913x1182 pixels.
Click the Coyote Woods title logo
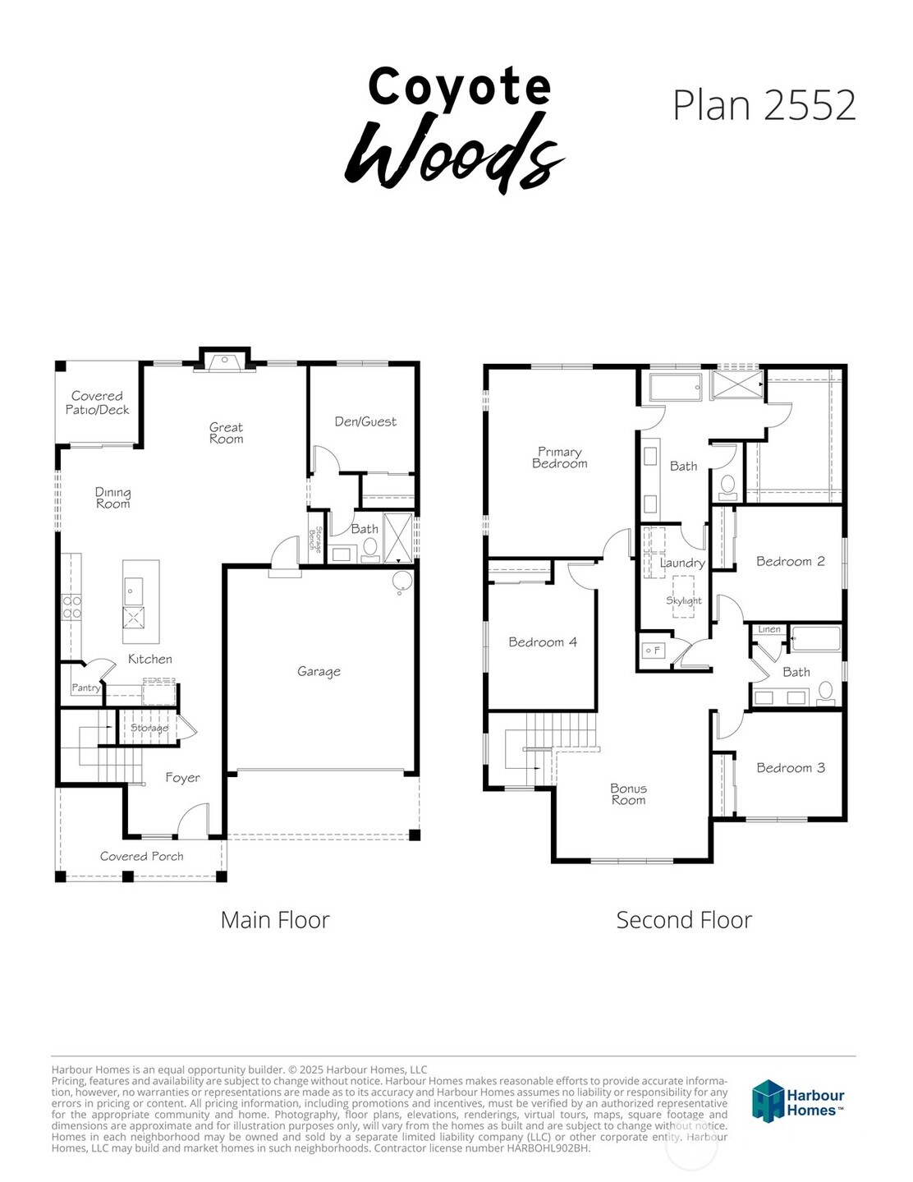tap(455, 127)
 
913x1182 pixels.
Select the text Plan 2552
tap(764, 105)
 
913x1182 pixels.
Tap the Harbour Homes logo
tap(798, 1101)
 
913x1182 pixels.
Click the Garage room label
tap(319, 672)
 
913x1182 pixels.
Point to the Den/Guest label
tap(365, 421)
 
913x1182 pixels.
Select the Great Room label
tap(226, 433)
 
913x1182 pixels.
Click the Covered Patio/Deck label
tap(97, 402)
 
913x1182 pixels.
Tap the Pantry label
tap(85, 688)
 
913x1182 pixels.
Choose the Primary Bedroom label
tap(560, 458)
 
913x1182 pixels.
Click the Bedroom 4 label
tap(542, 642)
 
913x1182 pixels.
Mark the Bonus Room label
tap(628, 794)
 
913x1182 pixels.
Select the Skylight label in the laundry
tap(683, 600)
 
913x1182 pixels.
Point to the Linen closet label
tap(769, 630)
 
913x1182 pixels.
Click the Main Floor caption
tap(275, 920)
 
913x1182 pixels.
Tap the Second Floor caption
tap(684, 920)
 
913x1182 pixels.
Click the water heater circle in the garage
tap(402, 582)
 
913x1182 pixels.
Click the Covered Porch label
tap(141, 857)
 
